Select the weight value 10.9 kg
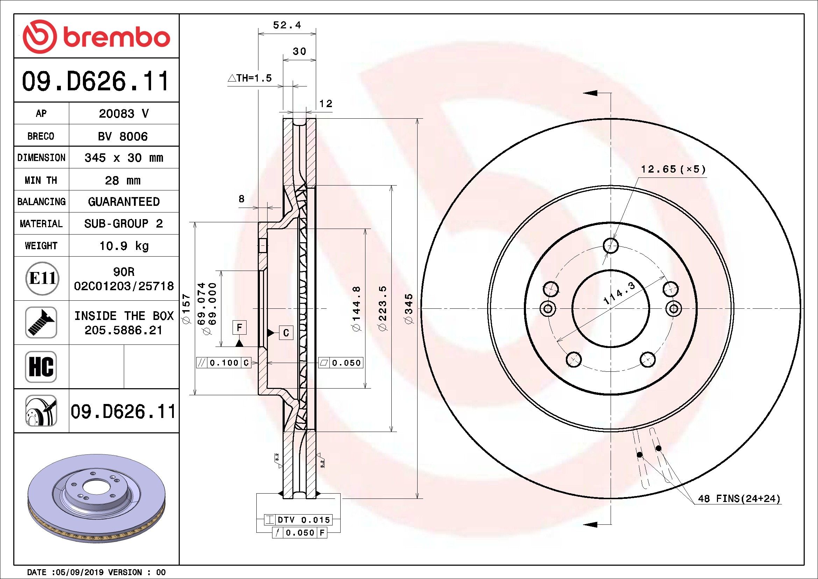(x=123, y=246)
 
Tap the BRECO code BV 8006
(x=122, y=136)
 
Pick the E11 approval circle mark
(x=42, y=278)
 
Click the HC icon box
(x=41, y=367)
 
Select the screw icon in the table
(x=41, y=322)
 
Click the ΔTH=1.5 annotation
(x=249, y=78)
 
